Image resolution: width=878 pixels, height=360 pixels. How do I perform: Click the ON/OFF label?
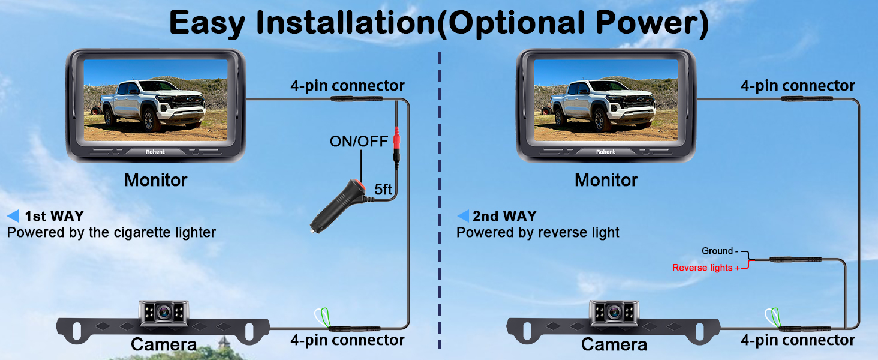[x=359, y=142]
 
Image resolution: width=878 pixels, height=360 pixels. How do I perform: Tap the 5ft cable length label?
[x=383, y=190]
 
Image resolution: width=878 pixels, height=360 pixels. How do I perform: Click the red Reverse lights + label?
[x=706, y=268]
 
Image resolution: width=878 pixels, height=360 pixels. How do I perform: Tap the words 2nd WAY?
[x=504, y=216]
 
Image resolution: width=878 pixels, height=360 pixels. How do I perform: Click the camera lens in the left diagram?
[x=163, y=311]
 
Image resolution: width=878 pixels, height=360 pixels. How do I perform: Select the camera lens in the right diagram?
[x=613, y=311]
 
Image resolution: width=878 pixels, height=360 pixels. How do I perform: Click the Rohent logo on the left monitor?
[x=155, y=152]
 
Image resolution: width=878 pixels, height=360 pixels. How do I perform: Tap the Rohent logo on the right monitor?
[x=605, y=152]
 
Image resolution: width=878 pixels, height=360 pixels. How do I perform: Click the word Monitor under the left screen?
[x=156, y=179]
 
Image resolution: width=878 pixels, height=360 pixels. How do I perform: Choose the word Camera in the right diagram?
[x=614, y=344]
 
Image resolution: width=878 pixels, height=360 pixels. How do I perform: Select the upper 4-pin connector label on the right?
[x=798, y=86]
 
